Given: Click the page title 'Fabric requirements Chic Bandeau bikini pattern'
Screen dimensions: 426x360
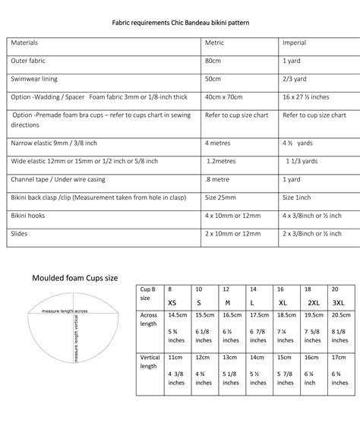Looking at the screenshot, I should [x=181, y=24].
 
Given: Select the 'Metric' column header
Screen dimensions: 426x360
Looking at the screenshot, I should [x=214, y=43].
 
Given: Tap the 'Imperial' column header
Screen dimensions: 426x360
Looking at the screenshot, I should [x=295, y=43].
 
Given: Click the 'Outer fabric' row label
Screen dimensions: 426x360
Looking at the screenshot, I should [x=31, y=60].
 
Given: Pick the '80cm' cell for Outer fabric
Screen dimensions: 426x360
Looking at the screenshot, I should [x=213, y=60].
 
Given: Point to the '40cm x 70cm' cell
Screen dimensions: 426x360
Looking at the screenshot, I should [x=223, y=97].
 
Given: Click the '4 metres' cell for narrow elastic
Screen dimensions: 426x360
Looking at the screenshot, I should [x=217, y=143].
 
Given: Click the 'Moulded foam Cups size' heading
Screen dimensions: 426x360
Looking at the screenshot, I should [x=74, y=278].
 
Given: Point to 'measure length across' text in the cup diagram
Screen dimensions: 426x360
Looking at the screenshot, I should [x=65, y=311].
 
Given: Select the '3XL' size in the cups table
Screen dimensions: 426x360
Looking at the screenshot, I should [x=338, y=302].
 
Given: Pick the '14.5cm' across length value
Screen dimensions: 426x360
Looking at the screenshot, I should [x=177, y=314].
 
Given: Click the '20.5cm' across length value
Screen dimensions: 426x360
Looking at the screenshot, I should [x=341, y=314].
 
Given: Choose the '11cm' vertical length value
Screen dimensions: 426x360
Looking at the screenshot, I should [x=175, y=357].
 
